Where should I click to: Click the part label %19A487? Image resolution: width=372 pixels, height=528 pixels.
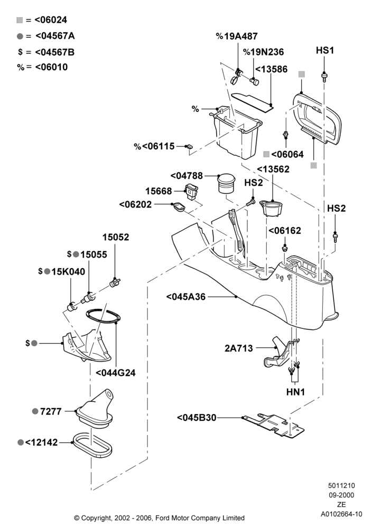(x=237, y=36)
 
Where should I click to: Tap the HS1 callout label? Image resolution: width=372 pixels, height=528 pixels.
(x=325, y=51)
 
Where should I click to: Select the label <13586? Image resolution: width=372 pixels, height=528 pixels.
(x=271, y=69)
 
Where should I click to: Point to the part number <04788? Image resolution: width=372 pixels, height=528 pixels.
(x=187, y=176)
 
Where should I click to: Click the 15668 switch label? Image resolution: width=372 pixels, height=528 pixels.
(x=159, y=191)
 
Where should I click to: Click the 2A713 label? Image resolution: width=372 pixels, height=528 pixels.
(x=238, y=348)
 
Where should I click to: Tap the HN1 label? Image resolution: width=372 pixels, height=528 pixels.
(x=295, y=392)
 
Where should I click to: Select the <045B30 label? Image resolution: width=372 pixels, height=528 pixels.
(x=197, y=418)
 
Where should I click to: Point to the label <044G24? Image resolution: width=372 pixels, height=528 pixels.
(x=116, y=373)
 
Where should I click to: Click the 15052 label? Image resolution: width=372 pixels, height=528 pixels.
(x=116, y=237)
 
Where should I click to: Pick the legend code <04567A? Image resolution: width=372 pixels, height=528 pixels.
(x=55, y=36)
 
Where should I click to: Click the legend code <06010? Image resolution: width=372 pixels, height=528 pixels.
(x=51, y=67)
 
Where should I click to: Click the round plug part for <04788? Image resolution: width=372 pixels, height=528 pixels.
(x=226, y=183)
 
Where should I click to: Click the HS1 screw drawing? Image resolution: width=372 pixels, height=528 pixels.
(x=324, y=77)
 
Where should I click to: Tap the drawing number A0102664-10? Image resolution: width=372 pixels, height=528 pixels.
(x=341, y=514)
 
